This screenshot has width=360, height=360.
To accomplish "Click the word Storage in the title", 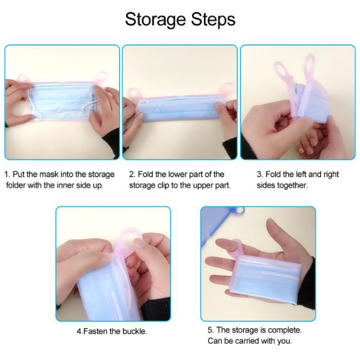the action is (x=155, y=20).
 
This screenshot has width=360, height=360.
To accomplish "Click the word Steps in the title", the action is (x=213, y=20).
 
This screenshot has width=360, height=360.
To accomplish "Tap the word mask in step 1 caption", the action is (x=49, y=174).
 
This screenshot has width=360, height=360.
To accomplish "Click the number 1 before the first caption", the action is (x=7, y=174).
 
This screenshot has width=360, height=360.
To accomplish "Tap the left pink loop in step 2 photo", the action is (x=133, y=95).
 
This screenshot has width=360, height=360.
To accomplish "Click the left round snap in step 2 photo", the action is (x=157, y=110).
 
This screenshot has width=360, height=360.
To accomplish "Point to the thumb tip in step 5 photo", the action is (x=271, y=223).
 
